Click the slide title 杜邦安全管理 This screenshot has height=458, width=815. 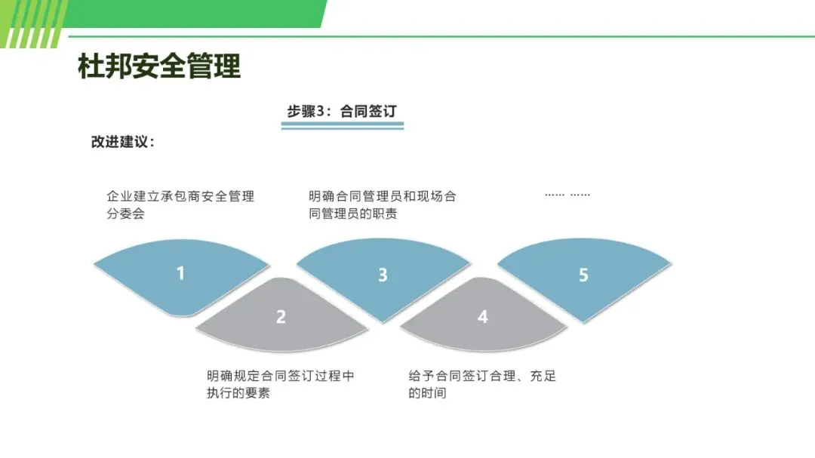[x=159, y=66]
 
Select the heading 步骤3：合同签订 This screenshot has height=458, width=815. [x=341, y=111]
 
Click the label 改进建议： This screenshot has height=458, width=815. [x=123, y=142]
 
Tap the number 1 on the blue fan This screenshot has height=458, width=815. [x=180, y=272]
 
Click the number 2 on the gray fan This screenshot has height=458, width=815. [x=281, y=317]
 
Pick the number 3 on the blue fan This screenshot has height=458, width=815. [x=383, y=275]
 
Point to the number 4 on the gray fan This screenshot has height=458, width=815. [x=483, y=317]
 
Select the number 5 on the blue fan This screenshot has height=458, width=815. [x=583, y=275]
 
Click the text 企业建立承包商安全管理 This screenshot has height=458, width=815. [x=180, y=196]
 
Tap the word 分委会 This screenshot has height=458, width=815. [x=125, y=214]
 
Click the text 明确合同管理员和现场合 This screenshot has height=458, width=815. [x=383, y=196]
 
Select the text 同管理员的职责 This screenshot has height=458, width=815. [x=353, y=214]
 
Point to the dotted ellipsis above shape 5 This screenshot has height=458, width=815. [x=567, y=195]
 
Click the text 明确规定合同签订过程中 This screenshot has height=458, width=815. [x=281, y=376]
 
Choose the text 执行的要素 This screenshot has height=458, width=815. [x=238, y=393]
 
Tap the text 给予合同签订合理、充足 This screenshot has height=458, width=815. [x=482, y=376]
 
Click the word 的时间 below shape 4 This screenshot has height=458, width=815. [x=427, y=393]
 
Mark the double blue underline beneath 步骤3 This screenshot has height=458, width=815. [x=342, y=126]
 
